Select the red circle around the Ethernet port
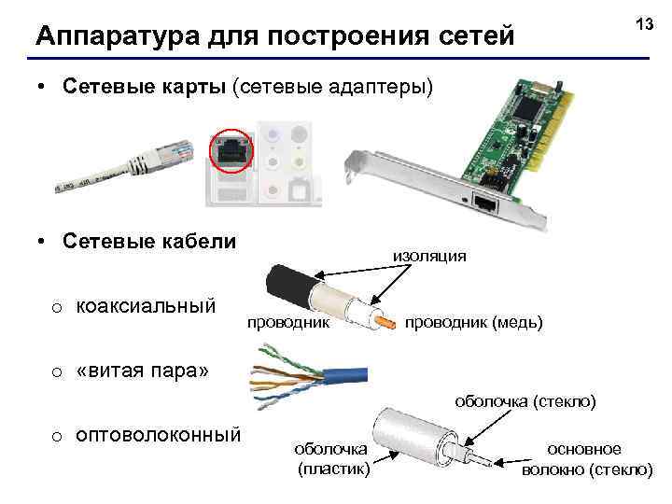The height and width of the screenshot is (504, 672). [230, 148]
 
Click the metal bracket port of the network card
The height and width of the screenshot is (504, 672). [485, 203]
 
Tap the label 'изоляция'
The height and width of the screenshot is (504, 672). [429, 255]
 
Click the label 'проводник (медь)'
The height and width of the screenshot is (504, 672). [472, 322]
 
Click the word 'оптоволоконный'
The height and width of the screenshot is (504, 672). [158, 434]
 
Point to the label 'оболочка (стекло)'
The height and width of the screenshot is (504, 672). [525, 401]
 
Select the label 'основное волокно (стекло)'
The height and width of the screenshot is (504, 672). [587, 459]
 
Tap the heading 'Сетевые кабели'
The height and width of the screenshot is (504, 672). [148, 241]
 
